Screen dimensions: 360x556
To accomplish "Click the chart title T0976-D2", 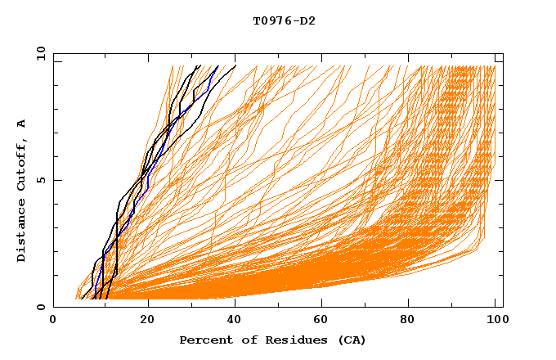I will click(284, 20).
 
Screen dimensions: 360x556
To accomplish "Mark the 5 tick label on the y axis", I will click(39, 180).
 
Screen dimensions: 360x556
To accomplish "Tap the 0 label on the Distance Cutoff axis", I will click(39, 307).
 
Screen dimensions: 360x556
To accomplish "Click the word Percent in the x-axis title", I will click(204, 340).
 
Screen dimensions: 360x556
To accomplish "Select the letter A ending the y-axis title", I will click(21, 124).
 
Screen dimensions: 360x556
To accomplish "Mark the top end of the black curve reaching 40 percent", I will click(235, 65).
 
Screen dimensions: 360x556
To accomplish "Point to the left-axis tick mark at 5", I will click(56, 180).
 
